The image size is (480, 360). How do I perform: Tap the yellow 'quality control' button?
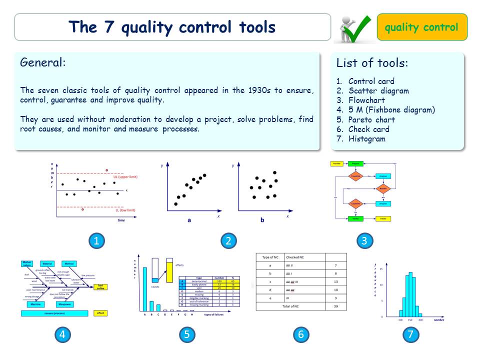(421, 27)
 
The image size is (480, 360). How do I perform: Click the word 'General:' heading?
(42, 62)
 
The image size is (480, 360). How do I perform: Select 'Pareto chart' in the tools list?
(371, 119)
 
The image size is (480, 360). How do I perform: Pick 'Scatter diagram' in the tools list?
(378, 90)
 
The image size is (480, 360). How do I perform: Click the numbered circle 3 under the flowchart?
(364, 241)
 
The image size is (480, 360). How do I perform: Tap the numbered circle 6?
(300, 334)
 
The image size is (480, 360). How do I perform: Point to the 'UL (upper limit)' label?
(125, 177)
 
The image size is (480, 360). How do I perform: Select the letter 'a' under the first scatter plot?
(189, 219)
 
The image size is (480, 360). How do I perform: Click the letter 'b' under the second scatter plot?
(262, 219)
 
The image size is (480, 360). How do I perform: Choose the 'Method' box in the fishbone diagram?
(69, 263)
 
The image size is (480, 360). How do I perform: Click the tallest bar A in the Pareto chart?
(145, 289)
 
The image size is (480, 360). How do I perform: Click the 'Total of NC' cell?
(291, 305)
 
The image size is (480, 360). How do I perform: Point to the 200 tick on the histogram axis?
(420, 319)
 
